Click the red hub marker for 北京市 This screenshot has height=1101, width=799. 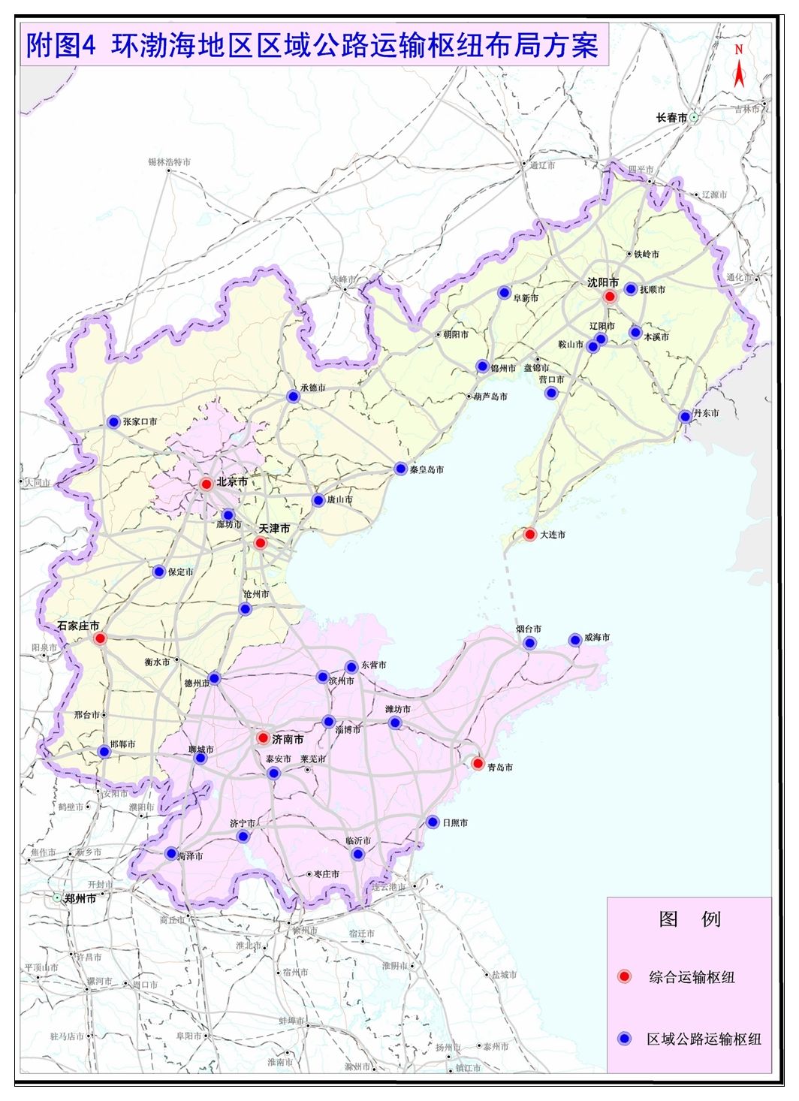click(206, 484)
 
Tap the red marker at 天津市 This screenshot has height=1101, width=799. click(261, 543)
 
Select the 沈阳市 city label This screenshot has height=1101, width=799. click(603, 282)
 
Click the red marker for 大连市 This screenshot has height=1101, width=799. click(529, 535)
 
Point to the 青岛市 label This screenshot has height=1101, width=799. click(500, 768)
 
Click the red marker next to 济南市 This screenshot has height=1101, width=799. click(263, 738)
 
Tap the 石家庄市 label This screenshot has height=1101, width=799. click(78, 626)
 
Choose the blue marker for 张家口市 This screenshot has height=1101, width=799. click(113, 422)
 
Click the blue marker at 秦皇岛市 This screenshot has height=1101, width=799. click(400, 469)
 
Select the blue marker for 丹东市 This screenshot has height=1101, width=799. click(685, 416)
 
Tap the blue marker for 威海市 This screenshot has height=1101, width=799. click(574, 640)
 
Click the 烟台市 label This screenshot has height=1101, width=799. click(529, 629)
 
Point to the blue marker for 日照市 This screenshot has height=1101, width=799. click(433, 822)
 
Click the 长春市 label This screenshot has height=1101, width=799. click(671, 118)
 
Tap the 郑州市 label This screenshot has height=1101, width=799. click(80, 898)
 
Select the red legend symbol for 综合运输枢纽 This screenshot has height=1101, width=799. click(624, 976)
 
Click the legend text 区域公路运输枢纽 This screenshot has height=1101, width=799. click(704, 1039)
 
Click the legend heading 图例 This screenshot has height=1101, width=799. click(689, 919)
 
